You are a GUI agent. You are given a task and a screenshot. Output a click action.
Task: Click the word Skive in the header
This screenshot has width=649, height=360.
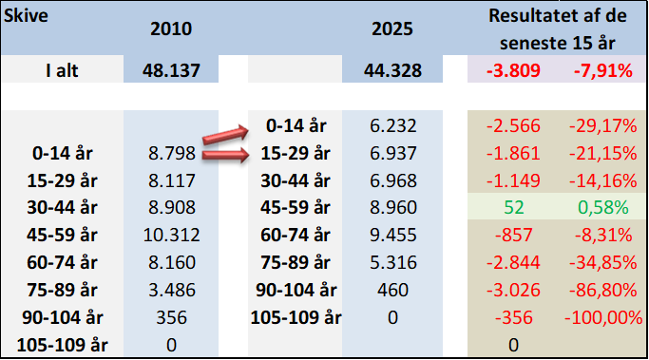click(x=26, y=16)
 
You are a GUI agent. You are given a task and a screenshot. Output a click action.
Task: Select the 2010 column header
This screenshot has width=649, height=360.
click(x=171, y=28)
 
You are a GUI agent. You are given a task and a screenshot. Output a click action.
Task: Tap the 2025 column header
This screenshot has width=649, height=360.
click(x=392, y=28)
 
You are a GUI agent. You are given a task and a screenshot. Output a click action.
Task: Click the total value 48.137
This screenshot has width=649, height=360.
click(x=171, y=70)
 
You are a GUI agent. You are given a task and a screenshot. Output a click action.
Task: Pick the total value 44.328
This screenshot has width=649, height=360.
click(x=392, y=70)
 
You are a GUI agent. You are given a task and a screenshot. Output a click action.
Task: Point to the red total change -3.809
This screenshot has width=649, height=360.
click(x=513, y=70)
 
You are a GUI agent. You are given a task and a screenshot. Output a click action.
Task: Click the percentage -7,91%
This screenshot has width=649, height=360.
click(x=603, y=70)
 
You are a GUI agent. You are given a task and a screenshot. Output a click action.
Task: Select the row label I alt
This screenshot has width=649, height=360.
click(x=62, y=70)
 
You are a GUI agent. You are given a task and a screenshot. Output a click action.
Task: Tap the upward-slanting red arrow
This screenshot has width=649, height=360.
click(x=225, y=135)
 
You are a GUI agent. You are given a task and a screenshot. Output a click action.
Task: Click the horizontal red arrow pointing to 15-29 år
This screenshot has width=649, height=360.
click(x=225, y=155)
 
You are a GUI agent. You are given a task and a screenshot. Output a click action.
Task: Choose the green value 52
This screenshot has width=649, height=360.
click(x=514, y=207)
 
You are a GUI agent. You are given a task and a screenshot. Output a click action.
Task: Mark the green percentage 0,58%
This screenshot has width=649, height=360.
click(x=603, y=208)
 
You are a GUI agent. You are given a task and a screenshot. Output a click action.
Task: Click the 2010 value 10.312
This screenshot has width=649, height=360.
click(x=171, y=235)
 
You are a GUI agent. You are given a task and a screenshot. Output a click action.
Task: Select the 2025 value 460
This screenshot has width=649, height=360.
click(x=392, y=290)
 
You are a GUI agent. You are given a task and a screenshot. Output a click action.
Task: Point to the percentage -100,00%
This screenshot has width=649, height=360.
click(x=603, y=318)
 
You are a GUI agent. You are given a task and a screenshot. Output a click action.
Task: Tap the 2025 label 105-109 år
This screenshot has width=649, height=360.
click(x=296, y=317)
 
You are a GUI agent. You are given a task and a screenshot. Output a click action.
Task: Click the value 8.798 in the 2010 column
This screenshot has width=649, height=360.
click(x=172, y=153)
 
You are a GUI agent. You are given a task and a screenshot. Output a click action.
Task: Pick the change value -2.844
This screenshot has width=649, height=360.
click(x=513, y=262)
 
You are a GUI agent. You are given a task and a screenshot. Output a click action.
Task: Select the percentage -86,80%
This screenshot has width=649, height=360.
click(x=603, y=290)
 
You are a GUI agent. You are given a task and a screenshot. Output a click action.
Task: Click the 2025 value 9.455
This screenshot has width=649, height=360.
click(x=392, y=235)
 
